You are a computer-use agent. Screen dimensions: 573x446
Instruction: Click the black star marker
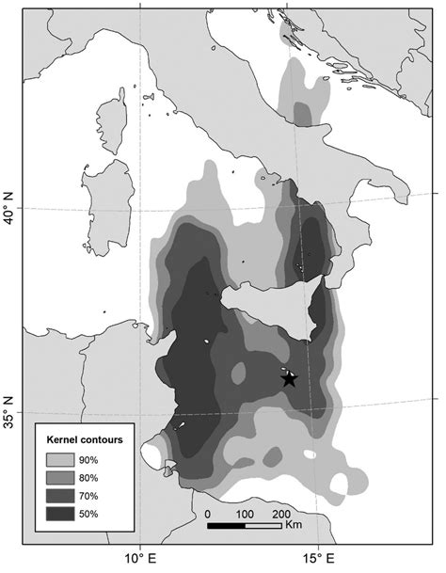tap(289, 378)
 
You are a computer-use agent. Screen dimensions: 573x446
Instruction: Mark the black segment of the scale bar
tap(226, 525)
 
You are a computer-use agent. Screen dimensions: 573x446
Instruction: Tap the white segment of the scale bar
tap(263, 525)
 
